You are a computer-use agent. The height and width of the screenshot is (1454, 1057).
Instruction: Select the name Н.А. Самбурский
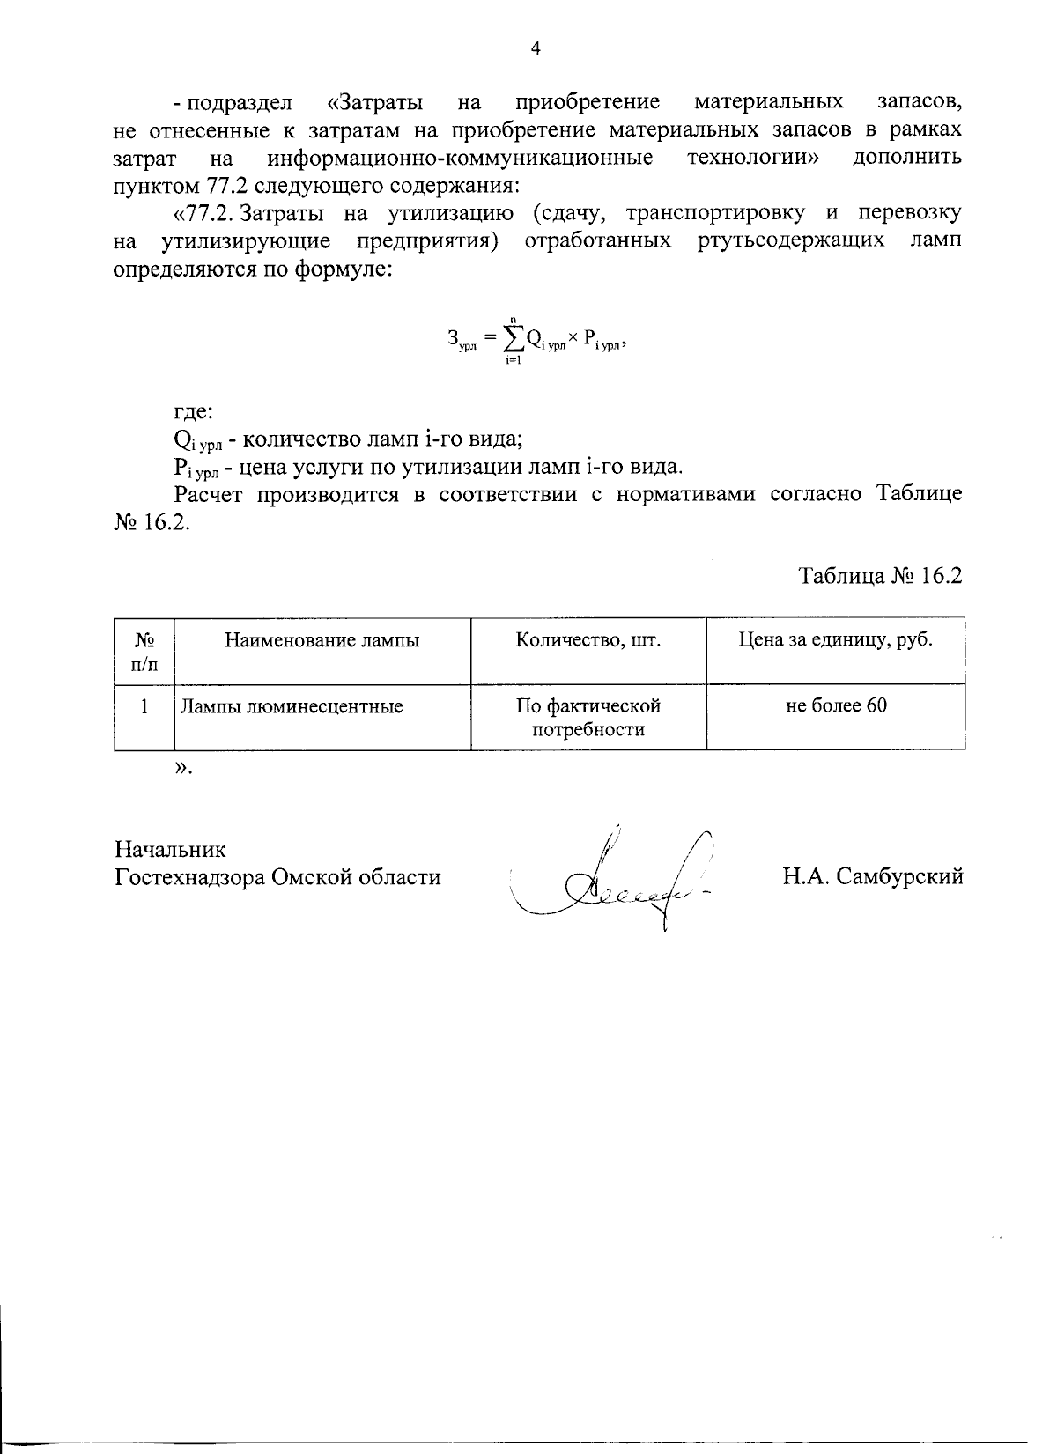[x=872, y=876]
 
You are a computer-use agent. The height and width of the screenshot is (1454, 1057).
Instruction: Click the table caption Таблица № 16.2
[x=880, y=576]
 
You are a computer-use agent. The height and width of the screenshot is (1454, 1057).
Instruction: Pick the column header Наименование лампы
[x=322, y=640]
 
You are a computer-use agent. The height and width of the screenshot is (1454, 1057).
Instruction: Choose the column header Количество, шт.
[x=588, y=640]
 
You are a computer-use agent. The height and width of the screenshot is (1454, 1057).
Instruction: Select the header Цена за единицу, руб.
[x=835, y=640]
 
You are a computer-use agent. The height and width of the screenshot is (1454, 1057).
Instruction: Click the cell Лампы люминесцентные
[x=292, y=705]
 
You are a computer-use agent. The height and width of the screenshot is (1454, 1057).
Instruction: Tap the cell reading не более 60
[x=835, y=705]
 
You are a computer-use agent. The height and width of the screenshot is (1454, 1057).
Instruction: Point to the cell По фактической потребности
[x=588, y=717]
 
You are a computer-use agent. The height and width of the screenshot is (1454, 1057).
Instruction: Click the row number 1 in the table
[x=144, y=705]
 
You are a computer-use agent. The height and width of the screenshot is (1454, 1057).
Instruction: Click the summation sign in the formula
[x=511, y=339]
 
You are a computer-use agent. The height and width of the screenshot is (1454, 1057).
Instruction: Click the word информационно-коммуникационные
[x=460, y=158]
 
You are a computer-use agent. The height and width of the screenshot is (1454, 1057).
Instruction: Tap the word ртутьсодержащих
[x=791, y=240]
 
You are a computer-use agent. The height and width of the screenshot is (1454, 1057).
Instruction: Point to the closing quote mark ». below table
[x=182, y=768]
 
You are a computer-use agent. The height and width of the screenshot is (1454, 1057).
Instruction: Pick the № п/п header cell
[x=144, y=652]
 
